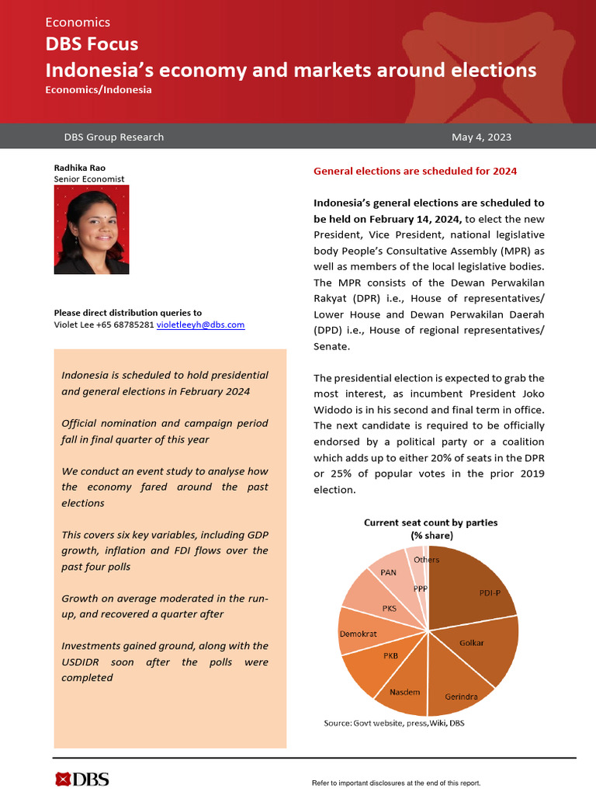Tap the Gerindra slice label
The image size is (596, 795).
(x=461, y=696)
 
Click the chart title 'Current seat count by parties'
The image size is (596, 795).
(x=431, y=522)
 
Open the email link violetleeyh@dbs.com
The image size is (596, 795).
(x=201, y=325)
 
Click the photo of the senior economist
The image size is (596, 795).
(x=92, y=229)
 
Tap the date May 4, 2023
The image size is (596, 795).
(x=481, y=137)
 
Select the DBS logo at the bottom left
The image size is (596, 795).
(x=81, y=779)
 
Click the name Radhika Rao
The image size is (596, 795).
(x=80, y=167)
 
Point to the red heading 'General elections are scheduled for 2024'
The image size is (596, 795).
(x=414, y=171)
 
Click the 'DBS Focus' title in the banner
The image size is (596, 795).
(x=92, y=45)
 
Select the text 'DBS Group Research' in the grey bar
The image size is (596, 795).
(x=114, y=137)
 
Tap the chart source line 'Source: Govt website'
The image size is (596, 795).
(x=393, y=723)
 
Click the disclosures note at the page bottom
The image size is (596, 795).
(x=396, y=783)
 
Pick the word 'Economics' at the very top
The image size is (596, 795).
(x=78, y=23)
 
